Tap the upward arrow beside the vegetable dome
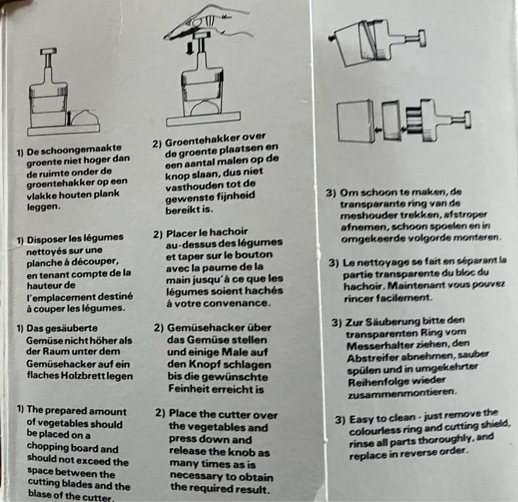click(x=68, y=119)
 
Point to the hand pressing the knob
click(x=206, y=22)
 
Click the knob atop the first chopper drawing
click(x=48, y=51)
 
